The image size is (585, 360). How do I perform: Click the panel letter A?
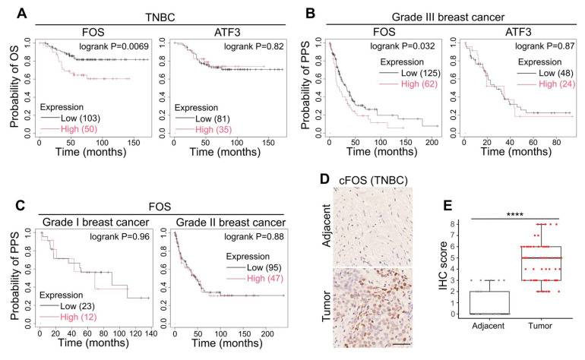click(x=22, y=14)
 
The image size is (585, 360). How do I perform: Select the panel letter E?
click(x=447, y=206)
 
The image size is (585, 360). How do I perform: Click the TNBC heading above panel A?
click(x=160, y=17)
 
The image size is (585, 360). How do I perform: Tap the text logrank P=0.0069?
click(x=114, y=46)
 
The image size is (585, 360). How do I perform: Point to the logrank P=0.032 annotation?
click(x=403, y=46)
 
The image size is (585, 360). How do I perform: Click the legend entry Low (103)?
click(x=81, y=118)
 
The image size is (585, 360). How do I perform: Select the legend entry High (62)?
click(x=419, y=84)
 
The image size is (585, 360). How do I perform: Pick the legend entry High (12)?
click(x=78, y=317)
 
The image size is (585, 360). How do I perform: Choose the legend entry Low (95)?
click(x=264, y=267)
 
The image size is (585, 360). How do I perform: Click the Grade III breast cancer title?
click(x=448, y=17)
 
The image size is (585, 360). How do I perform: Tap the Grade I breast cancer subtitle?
click(x=96, y=223)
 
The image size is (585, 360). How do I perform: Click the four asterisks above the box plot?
click(x=515, y=214)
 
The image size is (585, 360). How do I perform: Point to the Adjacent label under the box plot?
click(x=488, y=326)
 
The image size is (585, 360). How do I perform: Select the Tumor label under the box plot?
click(x=540, y=326)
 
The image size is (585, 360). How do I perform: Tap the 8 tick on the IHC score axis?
click(x=452, y=224)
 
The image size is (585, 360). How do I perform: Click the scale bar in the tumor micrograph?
click(x=401, y=344)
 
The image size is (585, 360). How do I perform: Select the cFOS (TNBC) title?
click(x=373, y=181)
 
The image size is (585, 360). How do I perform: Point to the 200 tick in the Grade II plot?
click(x=267, y=333)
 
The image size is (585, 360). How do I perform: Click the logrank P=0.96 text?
click(x=119, y=236)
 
